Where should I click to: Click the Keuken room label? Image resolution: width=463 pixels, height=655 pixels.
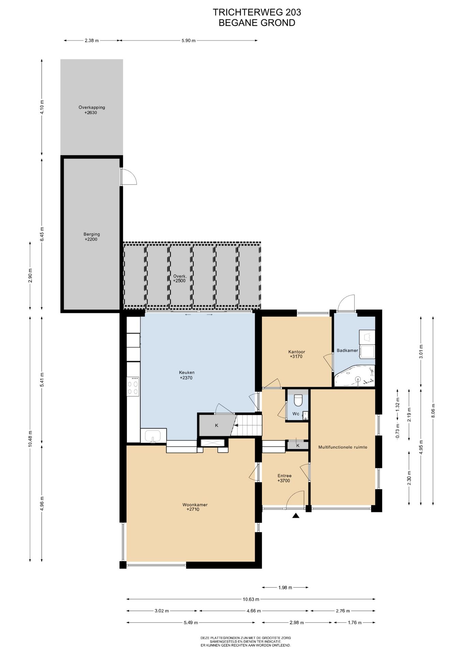point(187,375)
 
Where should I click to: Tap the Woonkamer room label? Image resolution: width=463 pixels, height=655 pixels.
point(195,507)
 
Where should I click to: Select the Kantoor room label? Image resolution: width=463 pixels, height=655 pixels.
point(296,354)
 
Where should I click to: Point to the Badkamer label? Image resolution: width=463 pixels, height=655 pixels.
point(347,350)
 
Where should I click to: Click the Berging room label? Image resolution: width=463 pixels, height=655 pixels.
point(91,237)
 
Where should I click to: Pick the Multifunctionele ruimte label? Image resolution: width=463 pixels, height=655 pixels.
point(343,447)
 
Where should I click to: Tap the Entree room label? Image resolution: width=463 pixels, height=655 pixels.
point(284,478)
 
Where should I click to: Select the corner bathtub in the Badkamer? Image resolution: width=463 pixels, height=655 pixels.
point(355,376)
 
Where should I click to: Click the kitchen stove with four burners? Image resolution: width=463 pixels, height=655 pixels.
point(133,386)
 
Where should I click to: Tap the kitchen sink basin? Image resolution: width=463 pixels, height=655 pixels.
point(153,436)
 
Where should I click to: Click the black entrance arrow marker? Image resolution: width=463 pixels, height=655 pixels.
point(296,515)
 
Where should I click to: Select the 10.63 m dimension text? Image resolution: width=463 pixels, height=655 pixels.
point(251,599)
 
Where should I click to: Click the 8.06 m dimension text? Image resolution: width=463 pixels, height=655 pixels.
point(433,410)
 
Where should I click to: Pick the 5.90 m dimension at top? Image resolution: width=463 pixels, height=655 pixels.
point(189,41)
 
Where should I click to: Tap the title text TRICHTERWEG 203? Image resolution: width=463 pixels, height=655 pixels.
point(257,12)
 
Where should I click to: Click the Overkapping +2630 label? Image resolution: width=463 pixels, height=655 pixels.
point(91,110)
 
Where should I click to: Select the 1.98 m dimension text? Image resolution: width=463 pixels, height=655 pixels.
point(285,587)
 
